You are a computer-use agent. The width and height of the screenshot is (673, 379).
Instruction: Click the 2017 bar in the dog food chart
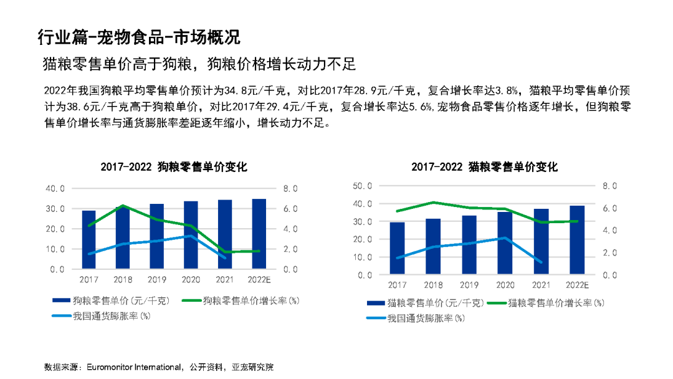coord(88,240)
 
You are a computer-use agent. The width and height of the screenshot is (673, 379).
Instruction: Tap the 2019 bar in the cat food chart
coord(469,245)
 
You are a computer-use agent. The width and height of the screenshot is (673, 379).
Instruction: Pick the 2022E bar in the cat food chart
coord(577,240)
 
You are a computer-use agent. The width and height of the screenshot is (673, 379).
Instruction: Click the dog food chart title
coord(174,167)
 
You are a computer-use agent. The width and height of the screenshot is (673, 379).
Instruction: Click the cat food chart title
coord(484,167)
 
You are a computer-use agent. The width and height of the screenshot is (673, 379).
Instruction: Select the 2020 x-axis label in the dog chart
coord(190,280)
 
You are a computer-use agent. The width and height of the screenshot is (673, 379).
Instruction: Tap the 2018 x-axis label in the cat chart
coord(432,285)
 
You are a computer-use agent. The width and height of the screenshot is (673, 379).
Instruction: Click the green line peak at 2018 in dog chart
coord(123,205)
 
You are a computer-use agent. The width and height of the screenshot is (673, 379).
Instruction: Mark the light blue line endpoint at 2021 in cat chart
coord(541,262)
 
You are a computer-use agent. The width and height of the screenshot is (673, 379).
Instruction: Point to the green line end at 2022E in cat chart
coord(577,221)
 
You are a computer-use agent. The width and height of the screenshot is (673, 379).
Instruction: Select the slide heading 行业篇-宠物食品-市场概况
coord(138,36)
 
